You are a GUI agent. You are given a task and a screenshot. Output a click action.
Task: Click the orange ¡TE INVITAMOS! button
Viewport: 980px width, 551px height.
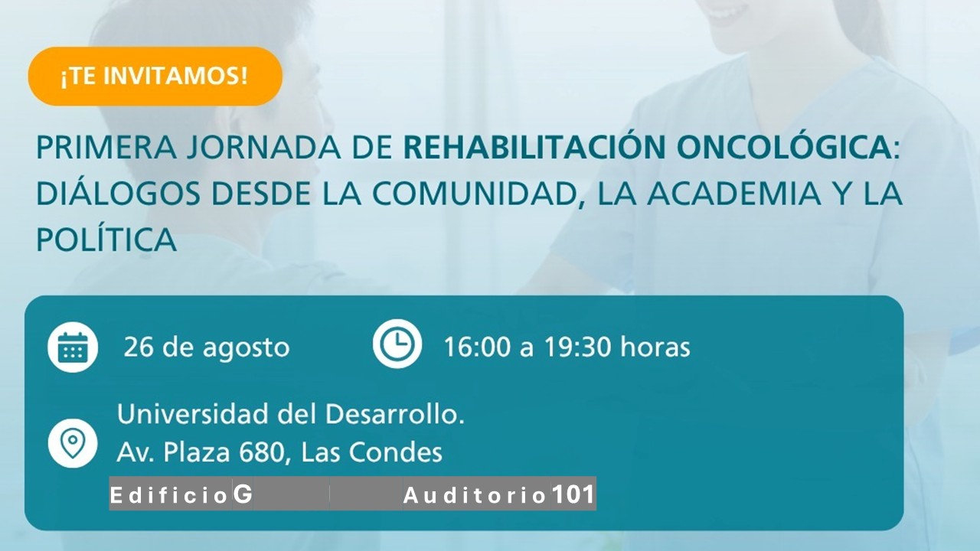(155, 76)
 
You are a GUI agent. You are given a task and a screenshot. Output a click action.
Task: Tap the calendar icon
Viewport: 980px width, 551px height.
(73, 347)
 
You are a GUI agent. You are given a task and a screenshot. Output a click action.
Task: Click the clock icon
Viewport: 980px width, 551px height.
(397, 344)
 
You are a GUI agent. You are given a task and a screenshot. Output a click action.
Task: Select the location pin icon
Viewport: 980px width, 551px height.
(73, 443)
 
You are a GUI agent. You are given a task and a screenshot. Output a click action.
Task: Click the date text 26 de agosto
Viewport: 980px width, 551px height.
(207, 347)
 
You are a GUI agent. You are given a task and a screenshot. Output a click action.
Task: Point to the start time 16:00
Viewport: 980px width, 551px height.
(477, 347)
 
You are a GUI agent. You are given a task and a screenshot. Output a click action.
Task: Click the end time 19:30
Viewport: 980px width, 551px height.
(577, 347)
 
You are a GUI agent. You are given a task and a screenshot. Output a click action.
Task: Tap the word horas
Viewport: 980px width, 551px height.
(655, 347)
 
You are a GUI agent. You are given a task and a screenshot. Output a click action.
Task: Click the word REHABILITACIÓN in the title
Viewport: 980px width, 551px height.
(534, 147)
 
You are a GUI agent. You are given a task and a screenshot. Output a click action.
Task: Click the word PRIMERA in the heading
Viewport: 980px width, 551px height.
(106, 148)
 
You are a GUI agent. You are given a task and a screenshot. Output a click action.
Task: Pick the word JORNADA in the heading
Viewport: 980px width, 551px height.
(264, 148)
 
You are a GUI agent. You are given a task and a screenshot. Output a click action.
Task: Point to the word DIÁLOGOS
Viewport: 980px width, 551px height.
(119, 194)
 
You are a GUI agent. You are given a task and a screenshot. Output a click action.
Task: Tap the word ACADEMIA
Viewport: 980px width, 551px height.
(733, 194)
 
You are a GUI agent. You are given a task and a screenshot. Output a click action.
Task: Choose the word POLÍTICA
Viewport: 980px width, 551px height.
(106, 240)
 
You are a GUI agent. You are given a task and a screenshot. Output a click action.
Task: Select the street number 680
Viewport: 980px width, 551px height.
(261, 452)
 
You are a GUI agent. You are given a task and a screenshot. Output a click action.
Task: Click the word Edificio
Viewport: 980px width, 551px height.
(168, 495)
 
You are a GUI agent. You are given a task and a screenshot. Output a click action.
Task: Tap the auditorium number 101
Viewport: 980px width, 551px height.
(573, 494)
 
